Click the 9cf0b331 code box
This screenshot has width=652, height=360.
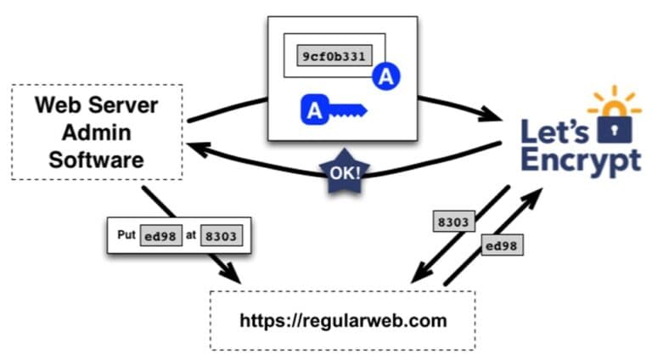click(x=333, y=56)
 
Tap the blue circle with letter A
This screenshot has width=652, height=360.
click(x=386, y=78)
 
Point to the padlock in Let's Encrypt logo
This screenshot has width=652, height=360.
click(x=609, y=127)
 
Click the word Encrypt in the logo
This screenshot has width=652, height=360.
click(x=581, y=161)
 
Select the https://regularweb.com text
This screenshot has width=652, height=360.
click(x=342, y=320)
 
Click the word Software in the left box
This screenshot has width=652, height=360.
click(x=98, y=160)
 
